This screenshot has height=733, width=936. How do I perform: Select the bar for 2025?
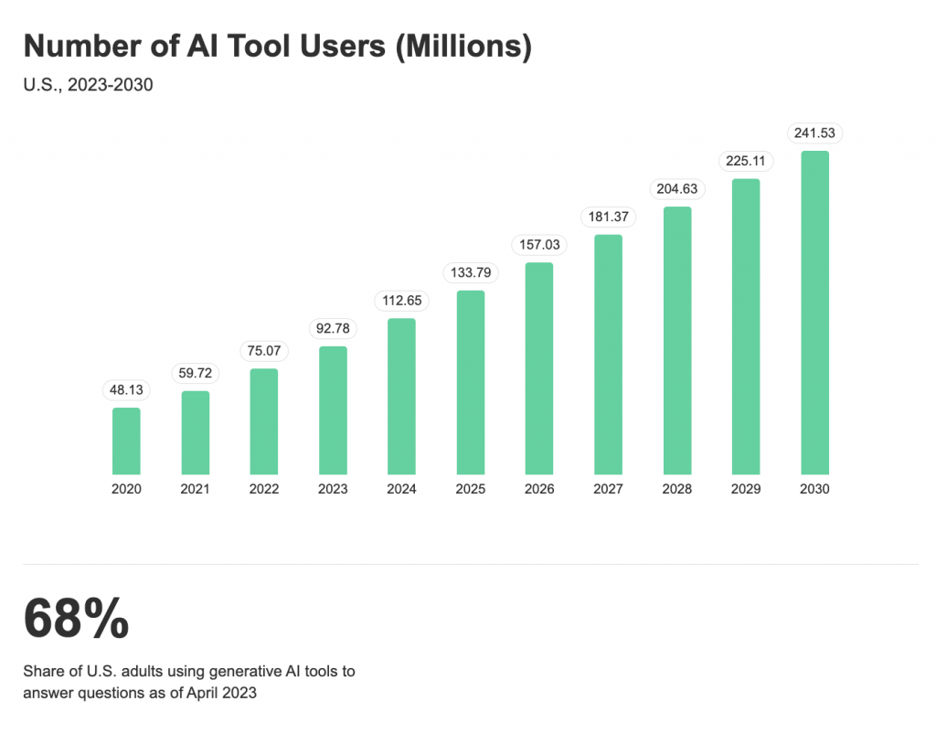point(471,381)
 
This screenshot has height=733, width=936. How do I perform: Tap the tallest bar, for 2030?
point(814,312)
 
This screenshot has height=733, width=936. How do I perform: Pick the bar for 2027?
point(608,354)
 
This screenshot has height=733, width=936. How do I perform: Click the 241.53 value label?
point(814,133)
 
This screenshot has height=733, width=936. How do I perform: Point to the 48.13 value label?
point(126,390)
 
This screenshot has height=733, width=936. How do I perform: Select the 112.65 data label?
point(402,301)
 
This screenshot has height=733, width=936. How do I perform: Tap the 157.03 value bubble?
point(539,245)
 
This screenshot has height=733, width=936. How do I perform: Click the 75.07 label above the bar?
point(264,351)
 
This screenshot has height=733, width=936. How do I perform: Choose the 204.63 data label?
point(677,189)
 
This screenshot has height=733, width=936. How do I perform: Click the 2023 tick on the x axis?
point(333,489)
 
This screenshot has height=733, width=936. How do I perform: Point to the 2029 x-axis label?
point(746,489)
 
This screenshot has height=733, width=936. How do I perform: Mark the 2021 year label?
point(195,489)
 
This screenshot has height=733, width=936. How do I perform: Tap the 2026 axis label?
point(539,489)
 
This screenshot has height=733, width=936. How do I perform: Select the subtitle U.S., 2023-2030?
point(88,86)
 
